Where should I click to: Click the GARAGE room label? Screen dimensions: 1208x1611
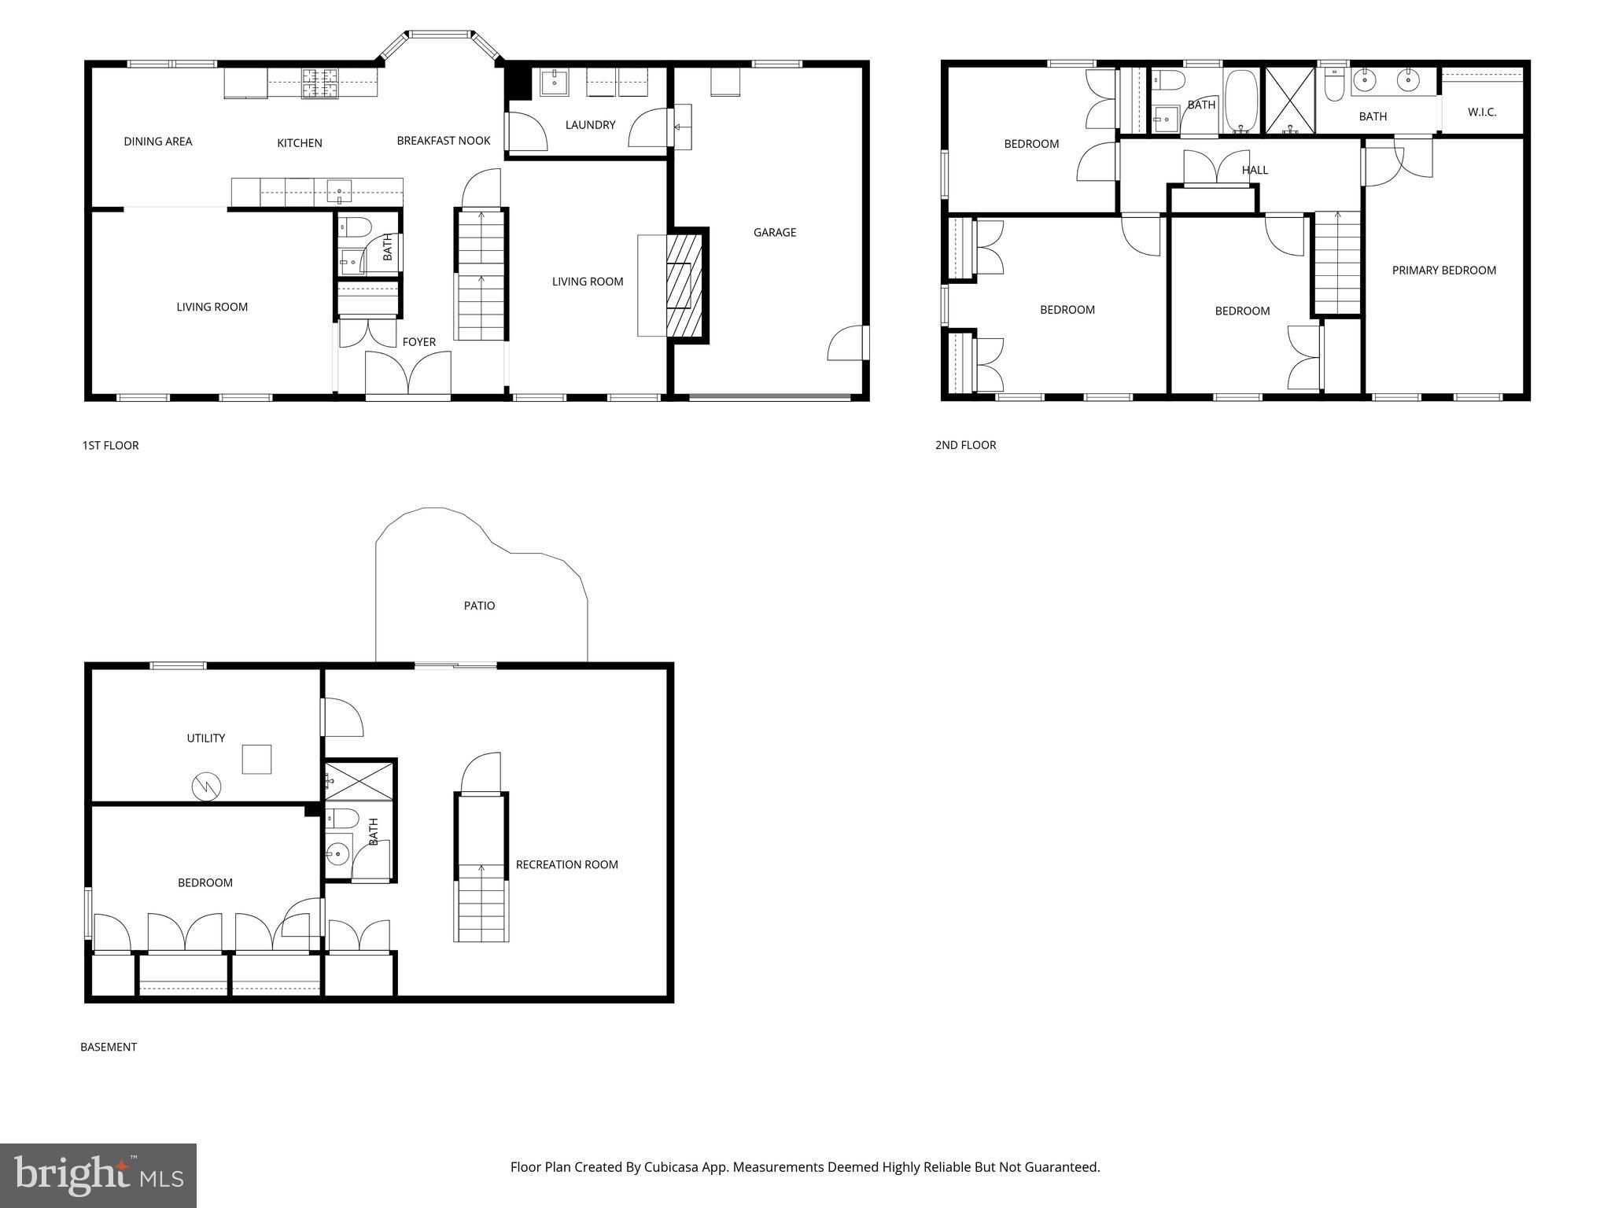point(774,232)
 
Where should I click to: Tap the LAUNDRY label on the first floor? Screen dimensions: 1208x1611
point(590,125)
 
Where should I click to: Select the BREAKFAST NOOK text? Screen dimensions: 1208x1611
point(443,141)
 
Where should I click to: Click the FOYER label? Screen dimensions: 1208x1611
point(418,342)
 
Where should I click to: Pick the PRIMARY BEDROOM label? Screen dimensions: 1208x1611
point(1443,271)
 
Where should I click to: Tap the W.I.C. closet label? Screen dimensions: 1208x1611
point(1481,112)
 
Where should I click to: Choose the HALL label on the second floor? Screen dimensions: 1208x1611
point(1255,170)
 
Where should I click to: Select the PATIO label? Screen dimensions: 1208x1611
point(479,606)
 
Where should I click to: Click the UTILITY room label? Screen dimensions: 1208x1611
point(205,738)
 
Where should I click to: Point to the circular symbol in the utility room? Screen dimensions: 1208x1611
point(206,786)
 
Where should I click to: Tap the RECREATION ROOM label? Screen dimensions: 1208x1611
point(566,864)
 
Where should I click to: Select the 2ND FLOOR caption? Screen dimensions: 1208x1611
point(965,445)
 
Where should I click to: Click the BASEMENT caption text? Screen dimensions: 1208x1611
point(109,1047)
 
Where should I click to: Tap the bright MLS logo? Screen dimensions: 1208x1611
point(98,1176)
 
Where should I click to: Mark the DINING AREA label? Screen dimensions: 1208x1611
point(157,142)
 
